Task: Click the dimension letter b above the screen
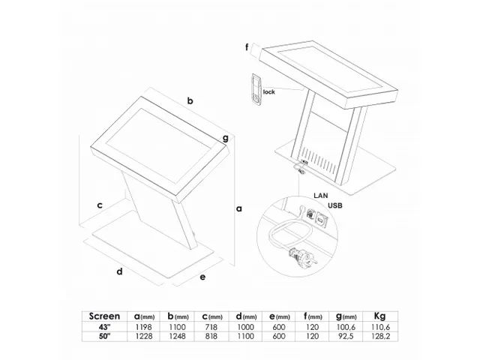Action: click(190, 100)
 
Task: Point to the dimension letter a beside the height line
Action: click(239, 208)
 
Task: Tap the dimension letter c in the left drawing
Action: click(100, 205)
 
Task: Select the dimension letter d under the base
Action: click(120, 271)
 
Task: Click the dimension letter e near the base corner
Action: click(202, 277)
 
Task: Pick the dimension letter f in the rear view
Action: click(247, 47)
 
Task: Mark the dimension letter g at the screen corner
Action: click(226, 138)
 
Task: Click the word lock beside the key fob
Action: click(269, 91)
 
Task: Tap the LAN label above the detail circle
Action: click(321, 195)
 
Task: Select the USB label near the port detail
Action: click(335, 205)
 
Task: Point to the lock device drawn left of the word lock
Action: click(256, 89)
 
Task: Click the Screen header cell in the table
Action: click(104, 316)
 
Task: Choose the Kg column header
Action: click(379, 316)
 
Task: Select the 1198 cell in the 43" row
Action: click(144, 327)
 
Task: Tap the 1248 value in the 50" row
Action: click(177, 336)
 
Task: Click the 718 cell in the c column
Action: click(211, 327)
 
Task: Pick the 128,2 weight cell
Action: click(380, 336)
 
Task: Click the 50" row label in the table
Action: click(104, 336)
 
